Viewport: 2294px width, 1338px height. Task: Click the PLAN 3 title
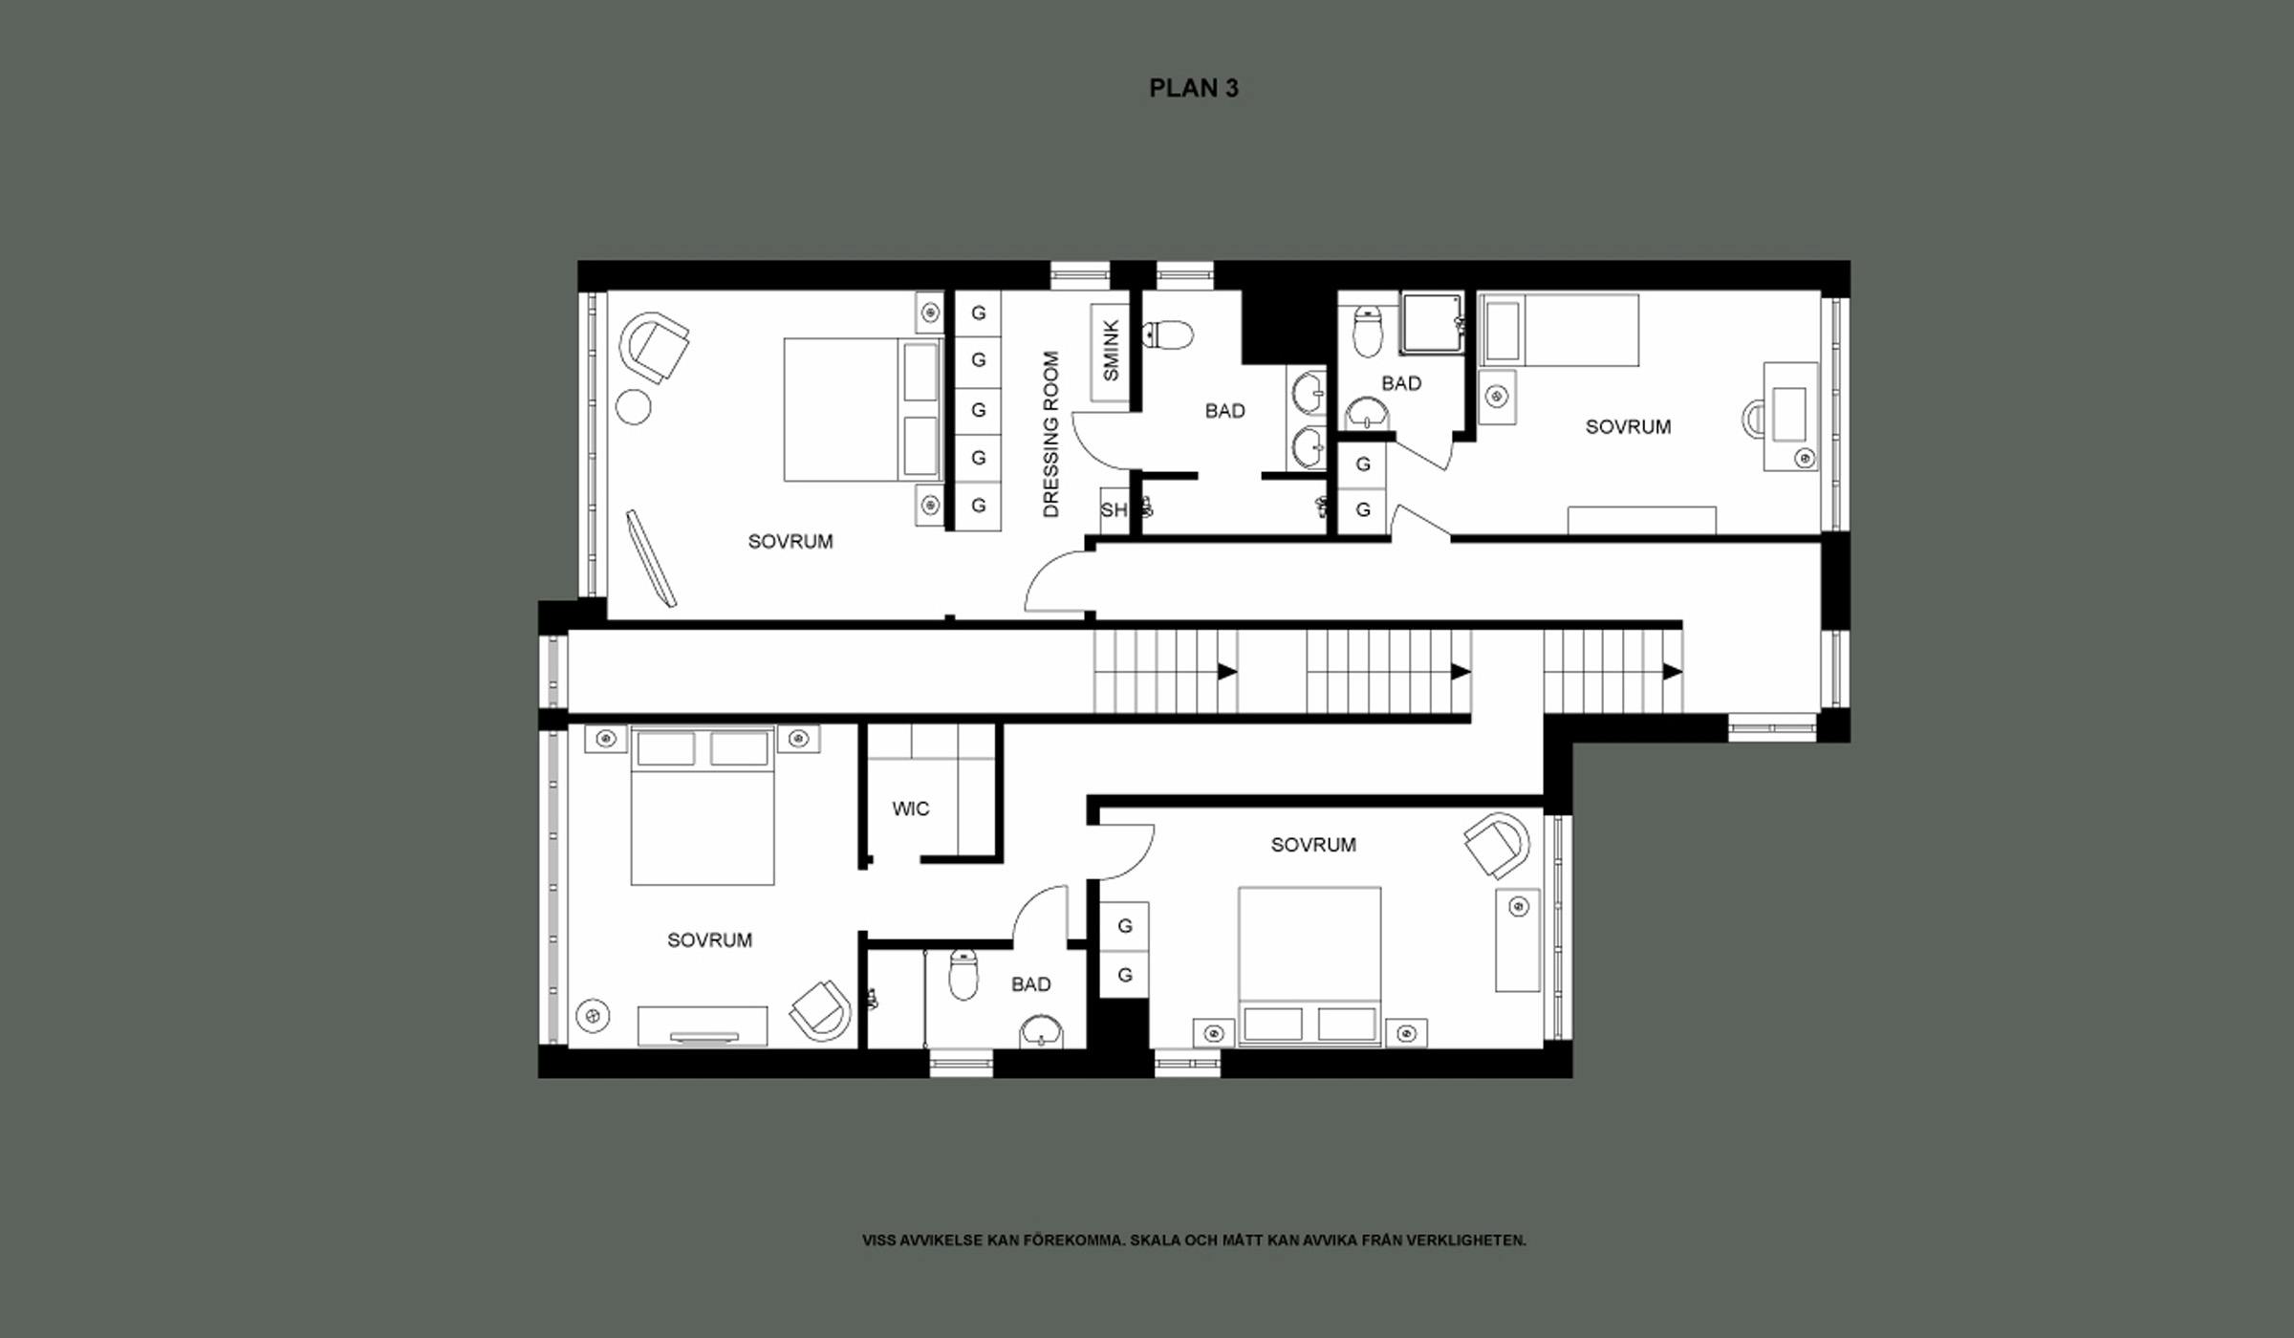point(1193,88)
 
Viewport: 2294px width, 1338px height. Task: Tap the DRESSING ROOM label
point(1051,434)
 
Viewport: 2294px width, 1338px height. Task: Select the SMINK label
point(1111,351)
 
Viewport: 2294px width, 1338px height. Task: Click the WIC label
point(910,809)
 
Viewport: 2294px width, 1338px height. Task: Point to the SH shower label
point(1114,510)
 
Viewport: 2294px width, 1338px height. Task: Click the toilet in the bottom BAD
point(963,974)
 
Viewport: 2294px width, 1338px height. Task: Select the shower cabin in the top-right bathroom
point(1432,323)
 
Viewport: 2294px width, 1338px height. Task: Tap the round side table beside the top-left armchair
point(633,407)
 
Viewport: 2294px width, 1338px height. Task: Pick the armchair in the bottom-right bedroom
point(1497,846)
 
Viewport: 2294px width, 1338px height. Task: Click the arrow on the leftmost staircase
point(1227,672)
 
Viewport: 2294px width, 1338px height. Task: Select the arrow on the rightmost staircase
point(1673,672)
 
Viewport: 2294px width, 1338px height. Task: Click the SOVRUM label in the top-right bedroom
point(1628,427)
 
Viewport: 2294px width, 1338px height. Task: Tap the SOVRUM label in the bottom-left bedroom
point(709,940)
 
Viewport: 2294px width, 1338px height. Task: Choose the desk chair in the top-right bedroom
point(1753,420)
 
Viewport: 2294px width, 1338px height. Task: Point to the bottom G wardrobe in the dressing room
point(978,506)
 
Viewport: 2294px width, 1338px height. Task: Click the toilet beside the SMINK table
point(1169,334)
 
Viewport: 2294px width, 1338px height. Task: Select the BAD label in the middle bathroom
point(1224,411)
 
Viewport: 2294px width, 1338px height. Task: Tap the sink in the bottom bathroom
point(1042,1032)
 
